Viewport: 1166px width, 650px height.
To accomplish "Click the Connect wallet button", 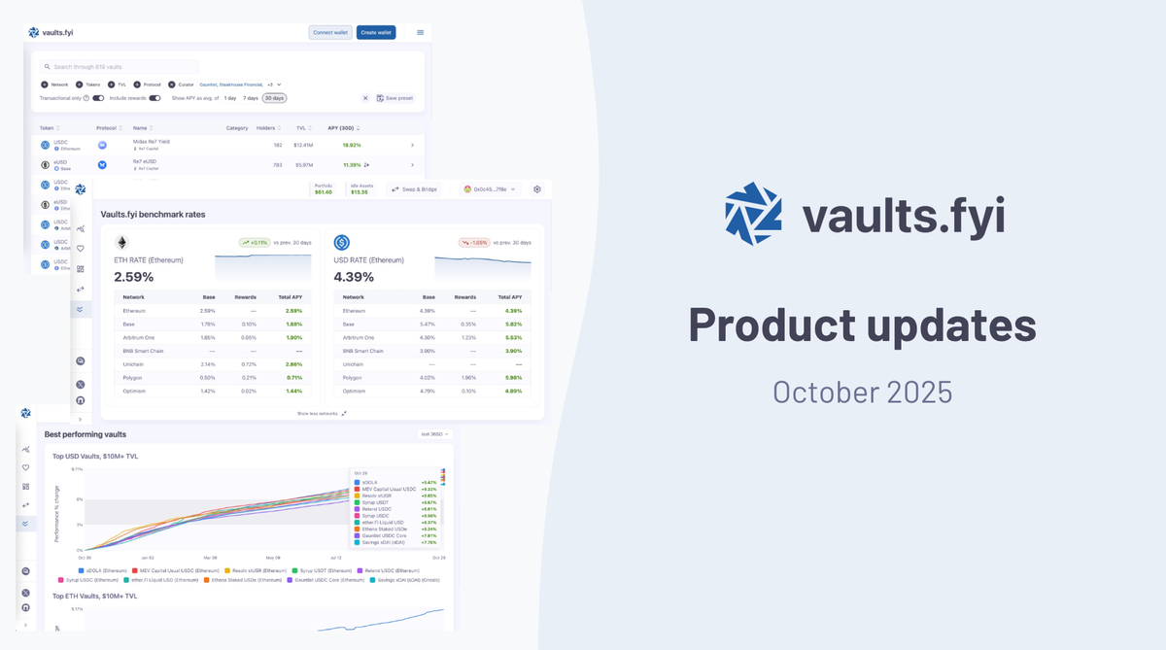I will [330, 32].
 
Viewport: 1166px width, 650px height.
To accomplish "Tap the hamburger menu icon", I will [421, 32].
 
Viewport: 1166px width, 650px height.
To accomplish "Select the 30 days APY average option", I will [273, 98].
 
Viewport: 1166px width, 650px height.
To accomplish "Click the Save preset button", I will [394, 98].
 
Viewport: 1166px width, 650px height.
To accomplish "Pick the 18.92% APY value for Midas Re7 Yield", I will [352, 145].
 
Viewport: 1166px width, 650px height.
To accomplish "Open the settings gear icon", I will [537, 189].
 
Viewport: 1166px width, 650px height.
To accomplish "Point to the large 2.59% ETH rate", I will [134, 277].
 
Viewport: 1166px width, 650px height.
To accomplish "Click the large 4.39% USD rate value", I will [354, 277].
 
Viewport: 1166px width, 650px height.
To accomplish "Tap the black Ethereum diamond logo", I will [122, 243].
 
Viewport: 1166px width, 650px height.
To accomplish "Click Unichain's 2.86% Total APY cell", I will [294, 363].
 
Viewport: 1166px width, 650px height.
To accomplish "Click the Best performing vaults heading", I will [86, 434].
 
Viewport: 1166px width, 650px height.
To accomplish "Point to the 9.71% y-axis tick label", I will [78, 468].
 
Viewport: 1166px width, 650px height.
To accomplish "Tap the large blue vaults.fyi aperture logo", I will [753, 213].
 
